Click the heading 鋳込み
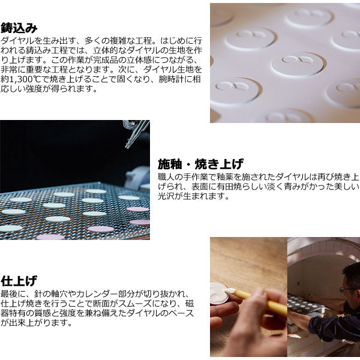(x=19, y=28)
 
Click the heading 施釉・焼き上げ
(x=200, y=164)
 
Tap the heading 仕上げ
(x=19, y=281)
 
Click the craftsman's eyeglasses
(x=346, y=289)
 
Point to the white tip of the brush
(x=230, y=290)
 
